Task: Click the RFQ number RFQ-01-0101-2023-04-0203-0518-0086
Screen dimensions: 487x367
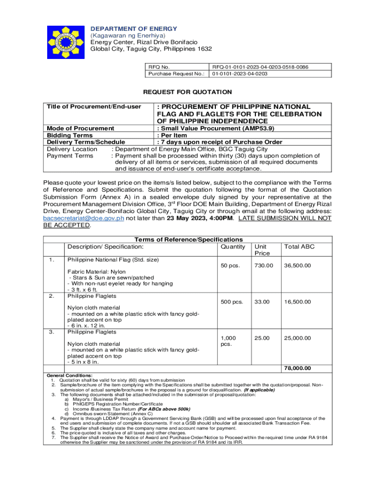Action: click(x=260, y=67)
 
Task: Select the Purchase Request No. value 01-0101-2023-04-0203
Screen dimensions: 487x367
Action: click(x=240, y=74)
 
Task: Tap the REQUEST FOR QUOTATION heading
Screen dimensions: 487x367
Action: click(x=188, y=92)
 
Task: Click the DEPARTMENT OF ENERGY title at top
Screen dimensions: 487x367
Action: click(x=133, y=29)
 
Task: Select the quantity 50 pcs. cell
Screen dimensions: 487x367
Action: click(x=231, y=265)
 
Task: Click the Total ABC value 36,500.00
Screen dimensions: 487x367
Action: click(x=297, y=265)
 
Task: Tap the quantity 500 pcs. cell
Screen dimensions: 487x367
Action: click(x=232, y=302)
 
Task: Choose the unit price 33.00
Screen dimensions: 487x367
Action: click(x=262, y=302)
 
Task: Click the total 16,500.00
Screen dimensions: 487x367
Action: click(x=297, y=302)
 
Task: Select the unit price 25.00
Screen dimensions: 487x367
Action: click(x=262, y=338)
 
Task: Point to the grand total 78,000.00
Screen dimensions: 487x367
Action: click(x=297, y=368)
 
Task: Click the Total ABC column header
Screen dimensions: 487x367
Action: click(x=299, y=246)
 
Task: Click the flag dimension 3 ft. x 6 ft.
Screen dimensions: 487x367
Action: click(x=82, y=290)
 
